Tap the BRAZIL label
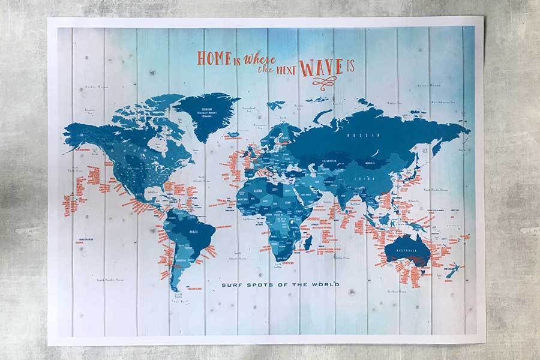[193, 231]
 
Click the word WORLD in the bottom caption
[323, 284]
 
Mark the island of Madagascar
[308, 242]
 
